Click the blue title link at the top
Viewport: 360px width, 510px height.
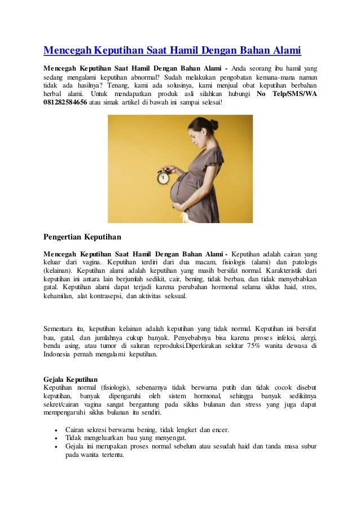172,51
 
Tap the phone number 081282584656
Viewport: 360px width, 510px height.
65,102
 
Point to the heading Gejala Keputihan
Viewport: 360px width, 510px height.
71,378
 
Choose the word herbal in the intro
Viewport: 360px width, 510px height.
54,94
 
